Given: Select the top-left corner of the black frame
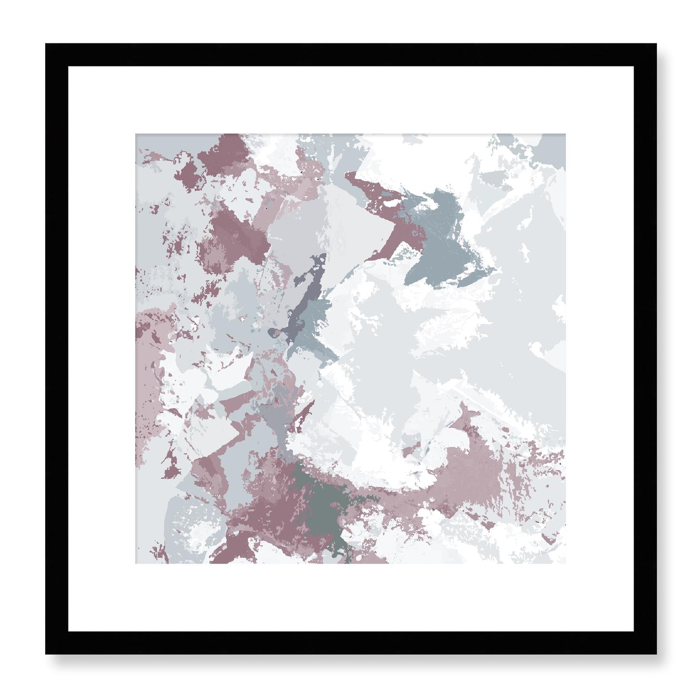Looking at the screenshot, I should click(x=46, y=44).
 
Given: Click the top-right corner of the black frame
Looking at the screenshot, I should click(x=656, y=44).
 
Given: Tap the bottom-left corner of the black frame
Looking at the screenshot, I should click(x=46, y=654).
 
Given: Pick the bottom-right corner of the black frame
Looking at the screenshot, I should click(x=656, y=654).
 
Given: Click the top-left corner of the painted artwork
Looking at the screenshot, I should click(x=136, y=134).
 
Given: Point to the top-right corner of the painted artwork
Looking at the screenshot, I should click(x=565, y=134).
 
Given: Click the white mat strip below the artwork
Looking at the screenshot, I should click(x=350, y=597).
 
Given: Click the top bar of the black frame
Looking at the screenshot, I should click(x=350, y=54).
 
